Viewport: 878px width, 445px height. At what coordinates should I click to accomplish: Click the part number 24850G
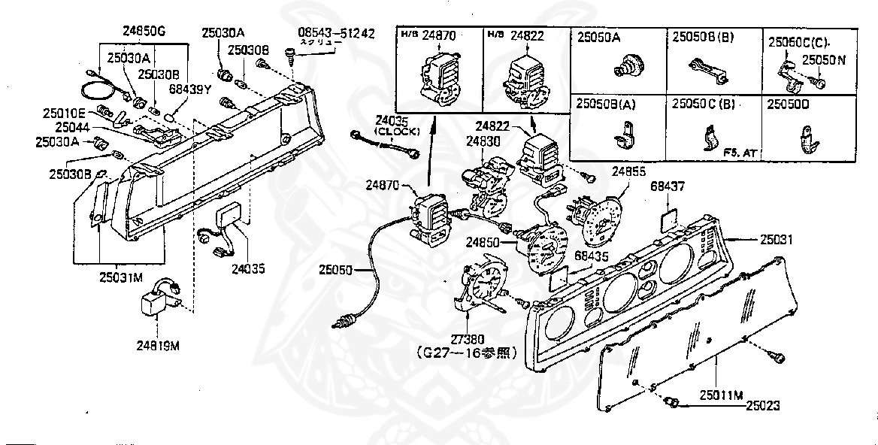[144, 31]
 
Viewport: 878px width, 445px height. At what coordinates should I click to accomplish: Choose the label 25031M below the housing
[120, 277]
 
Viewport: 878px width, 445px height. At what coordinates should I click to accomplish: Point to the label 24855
[628, 171]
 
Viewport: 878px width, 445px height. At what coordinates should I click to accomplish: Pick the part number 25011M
[722, 394]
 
